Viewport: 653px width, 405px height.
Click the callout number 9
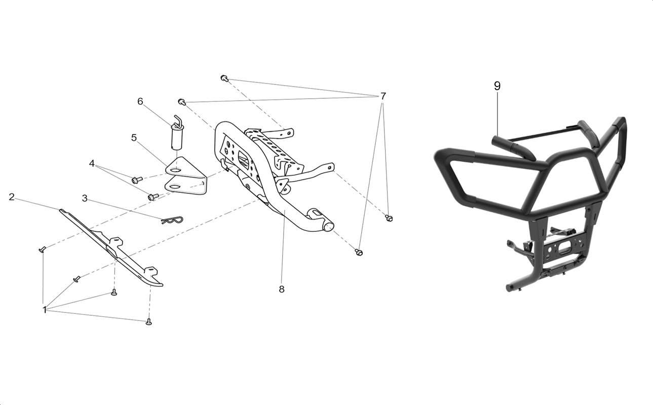click(497, 86)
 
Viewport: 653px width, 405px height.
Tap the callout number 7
click(383, 96)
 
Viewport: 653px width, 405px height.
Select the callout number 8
click(281, 290)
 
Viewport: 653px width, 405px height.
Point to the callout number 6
click(140, 101)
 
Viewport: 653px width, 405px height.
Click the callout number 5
click(134, 138)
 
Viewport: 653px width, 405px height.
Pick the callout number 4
click(92, 164)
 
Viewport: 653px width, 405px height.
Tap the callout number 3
click(85, 198)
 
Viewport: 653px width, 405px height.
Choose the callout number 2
click(11, 197)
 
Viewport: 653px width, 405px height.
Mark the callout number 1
click(45, 310)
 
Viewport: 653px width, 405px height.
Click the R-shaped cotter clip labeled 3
click(172, 220)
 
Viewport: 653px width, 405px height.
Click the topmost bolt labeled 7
click(224, 78)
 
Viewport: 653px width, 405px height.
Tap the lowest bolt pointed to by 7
click(359, 252)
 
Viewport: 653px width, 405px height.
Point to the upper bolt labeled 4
click(137, 180)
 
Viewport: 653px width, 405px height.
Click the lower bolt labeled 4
click(153, 197)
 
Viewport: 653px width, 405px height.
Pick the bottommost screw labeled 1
click(148, 322)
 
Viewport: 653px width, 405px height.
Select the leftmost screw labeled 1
click(43, 249)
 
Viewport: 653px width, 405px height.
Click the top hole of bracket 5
click(175, 170)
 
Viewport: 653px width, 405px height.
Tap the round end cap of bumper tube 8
click(329, 227)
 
